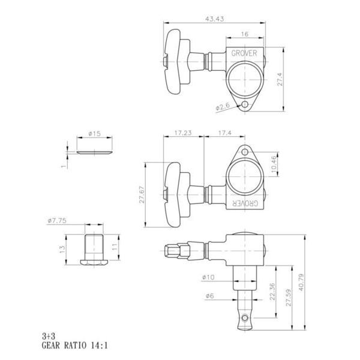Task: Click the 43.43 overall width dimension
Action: point(214,19)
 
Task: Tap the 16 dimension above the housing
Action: point(245,34)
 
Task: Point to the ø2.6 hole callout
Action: point(223,107)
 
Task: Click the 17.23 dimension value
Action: point(183,133)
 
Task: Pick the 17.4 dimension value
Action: point(225,133)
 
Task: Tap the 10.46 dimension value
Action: point(274,164)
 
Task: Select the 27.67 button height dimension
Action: point(142,194)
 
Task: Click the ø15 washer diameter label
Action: point(94,133)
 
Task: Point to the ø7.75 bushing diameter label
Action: point(57,221)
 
